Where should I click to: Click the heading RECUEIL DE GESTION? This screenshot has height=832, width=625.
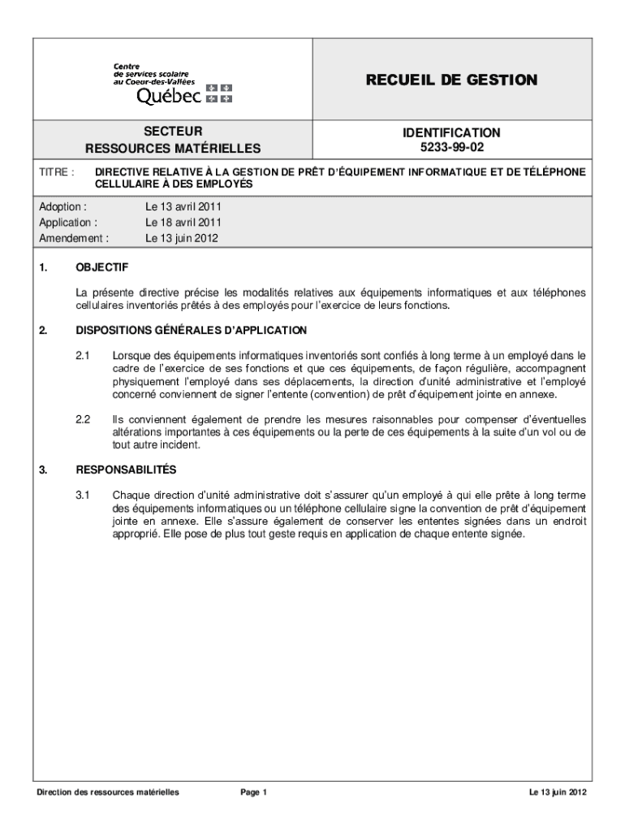pos(450,80)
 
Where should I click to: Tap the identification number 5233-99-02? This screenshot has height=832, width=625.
pos(451,148)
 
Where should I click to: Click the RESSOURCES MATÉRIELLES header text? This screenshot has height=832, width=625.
pos(173,149)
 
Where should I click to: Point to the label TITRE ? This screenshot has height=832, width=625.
pos(57,173)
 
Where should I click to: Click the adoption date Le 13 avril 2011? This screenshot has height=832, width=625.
pos(183,206)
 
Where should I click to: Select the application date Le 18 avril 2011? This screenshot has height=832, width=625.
pos(183,222)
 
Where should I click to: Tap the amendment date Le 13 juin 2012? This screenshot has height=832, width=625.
pos(182,238)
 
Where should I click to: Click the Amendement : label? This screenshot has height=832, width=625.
pos(74,238)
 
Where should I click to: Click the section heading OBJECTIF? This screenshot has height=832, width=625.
pos(101,267)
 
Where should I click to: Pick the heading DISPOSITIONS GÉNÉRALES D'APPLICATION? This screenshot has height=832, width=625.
pos(191,330)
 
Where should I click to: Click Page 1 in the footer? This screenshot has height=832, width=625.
pos(253,792)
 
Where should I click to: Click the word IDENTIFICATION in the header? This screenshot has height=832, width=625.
pos(451,132)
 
